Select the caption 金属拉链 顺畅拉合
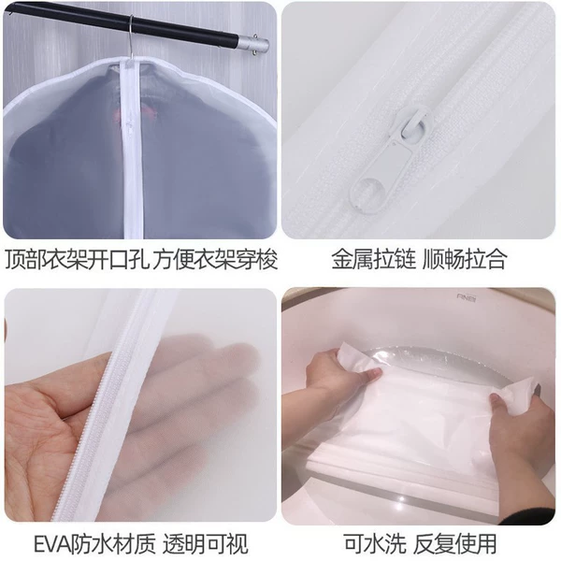[419, 258]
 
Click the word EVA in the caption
[52, 544]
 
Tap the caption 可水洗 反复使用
[420, 543]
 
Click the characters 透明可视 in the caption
[206, 544]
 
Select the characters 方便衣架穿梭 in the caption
[215, 259]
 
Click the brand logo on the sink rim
[467, 297]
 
